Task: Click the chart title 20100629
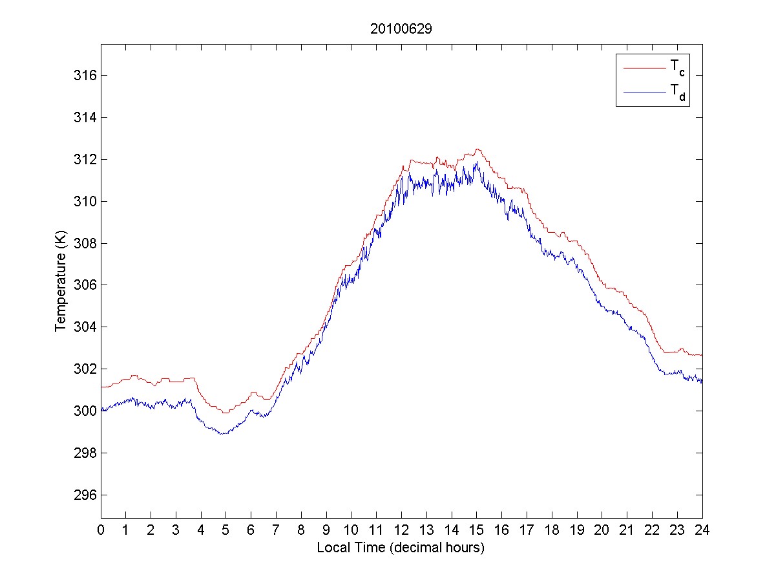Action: tap(401, 29)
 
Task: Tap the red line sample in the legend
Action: tap(644, 67)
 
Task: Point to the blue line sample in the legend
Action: tap(644, 93)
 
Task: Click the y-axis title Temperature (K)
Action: tap(61, 281)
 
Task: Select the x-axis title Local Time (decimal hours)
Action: tap(401, 548)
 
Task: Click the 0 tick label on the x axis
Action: tap(101, 530)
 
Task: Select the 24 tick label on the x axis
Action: tap(702, 530)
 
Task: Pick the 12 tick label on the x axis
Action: tap(401, 530)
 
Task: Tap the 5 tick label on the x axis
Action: tap(226, 530)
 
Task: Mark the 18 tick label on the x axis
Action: tap(552, 530)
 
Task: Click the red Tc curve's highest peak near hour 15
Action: tap(477, 149)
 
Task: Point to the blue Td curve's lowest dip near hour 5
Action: tap(224, 433)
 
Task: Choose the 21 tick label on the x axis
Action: tap(627, 530)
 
